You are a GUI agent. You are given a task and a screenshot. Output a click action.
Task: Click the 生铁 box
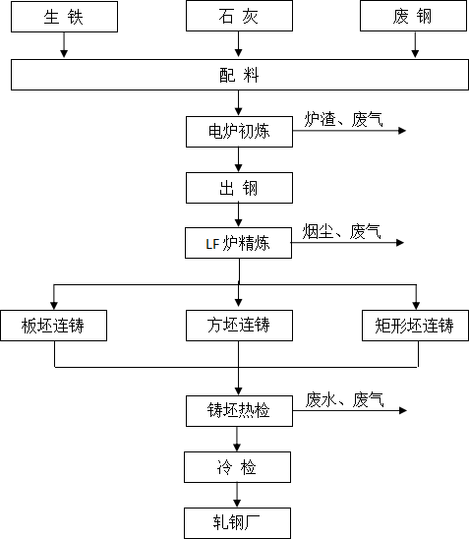64,17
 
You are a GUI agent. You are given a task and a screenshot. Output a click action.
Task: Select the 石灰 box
239,16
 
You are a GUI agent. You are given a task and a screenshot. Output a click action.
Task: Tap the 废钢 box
413,16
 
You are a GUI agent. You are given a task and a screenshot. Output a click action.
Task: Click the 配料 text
239,75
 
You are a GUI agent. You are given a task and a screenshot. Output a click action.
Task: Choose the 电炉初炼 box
239,132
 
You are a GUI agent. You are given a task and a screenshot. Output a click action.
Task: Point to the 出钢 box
239,188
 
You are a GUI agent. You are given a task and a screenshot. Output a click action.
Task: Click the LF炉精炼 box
238,243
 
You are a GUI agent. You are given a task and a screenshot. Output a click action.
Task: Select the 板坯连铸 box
54,326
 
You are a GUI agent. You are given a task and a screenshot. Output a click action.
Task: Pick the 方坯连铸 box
239,326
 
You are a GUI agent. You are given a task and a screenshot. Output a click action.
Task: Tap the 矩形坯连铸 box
415,326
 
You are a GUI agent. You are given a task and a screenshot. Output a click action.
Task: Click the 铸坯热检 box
239,411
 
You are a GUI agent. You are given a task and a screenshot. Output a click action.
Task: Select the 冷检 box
237,467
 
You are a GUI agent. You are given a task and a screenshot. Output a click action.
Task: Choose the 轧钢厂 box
237,523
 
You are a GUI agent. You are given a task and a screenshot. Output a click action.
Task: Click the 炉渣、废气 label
343,119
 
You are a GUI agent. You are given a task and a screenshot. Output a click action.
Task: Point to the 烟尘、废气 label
341,231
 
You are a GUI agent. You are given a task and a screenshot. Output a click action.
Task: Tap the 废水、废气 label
344,399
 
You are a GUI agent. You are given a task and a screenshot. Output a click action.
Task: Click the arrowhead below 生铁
64,53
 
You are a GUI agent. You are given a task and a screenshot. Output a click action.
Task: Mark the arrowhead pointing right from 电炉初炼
402,131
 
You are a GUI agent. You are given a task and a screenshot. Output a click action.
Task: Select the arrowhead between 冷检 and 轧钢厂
237,504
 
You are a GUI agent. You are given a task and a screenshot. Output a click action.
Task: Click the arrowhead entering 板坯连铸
54,306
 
